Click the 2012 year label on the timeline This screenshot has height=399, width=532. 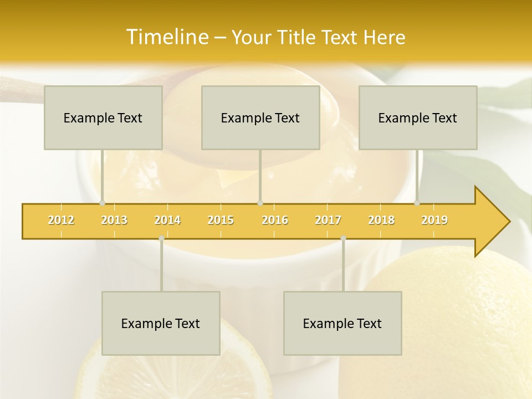(x=61, y=220)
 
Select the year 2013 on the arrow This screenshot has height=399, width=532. (x=114, y=220)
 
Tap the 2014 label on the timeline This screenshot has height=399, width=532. (x=167, y=220)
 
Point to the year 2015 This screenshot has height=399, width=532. (x=221, y=220)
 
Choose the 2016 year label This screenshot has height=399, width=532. (x=275, y=220)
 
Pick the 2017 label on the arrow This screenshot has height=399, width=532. (x=328, y=220)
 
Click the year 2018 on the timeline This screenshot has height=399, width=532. (x=381, y=220)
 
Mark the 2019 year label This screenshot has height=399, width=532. (x=434, y=220)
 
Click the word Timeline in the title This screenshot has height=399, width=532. (x=166, y=37)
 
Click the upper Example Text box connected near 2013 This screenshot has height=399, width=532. (x=103, y=117)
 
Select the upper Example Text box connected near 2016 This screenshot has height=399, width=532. (x=260, y=117)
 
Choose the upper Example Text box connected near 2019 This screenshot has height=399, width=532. (x=418, y=117)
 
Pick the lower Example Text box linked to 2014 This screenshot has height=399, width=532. (x=161, y=323)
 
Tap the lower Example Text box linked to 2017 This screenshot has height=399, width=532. (x=342, y=323)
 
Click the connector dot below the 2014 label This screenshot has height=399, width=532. (x=161, y=238)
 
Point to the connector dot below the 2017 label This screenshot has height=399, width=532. (x=343, y=238)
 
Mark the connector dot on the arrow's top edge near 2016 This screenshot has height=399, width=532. (x=260, y=203)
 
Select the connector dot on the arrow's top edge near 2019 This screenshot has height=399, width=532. (x=417, y=203)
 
